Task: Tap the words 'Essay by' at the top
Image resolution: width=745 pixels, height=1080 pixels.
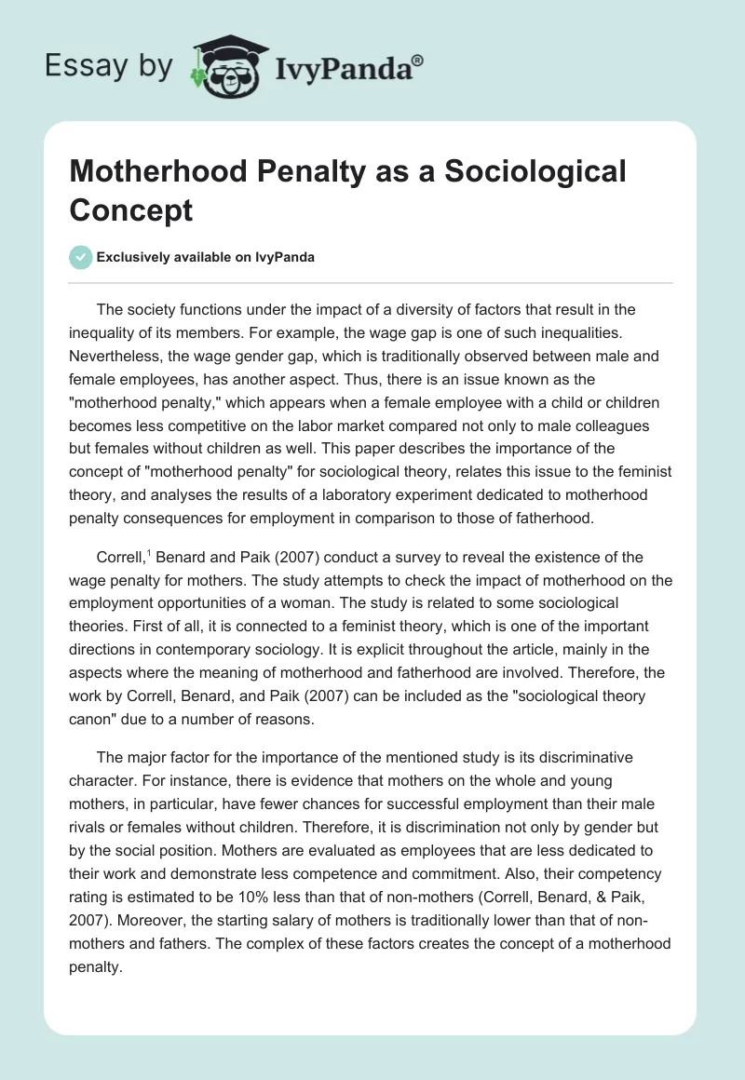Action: click(x=108, y=65)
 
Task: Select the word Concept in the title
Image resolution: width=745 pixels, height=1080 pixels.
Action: click(x=130, y=209)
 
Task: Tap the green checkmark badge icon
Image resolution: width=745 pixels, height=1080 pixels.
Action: click(x=81, y=257)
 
